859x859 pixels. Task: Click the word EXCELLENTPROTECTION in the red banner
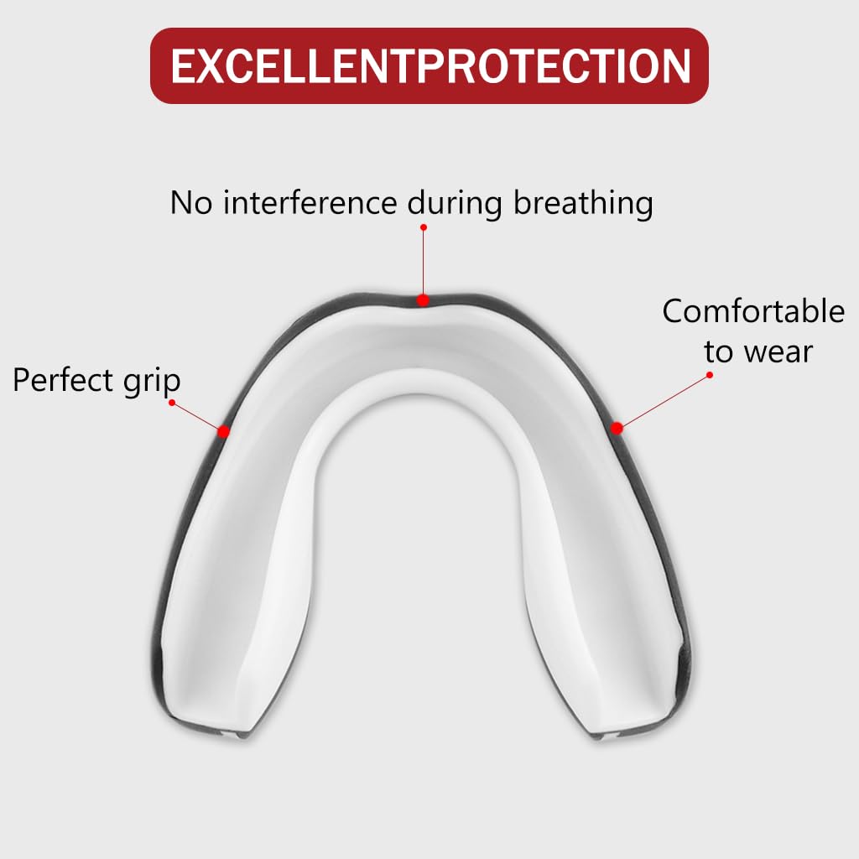click(429, 66)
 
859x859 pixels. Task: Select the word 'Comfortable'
click(753, 311)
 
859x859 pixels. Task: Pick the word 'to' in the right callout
click(717, 351)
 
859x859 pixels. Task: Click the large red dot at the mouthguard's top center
click(423, 299)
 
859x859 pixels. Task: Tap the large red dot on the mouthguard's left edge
click(224, 431)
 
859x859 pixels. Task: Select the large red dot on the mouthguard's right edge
click(617, 428)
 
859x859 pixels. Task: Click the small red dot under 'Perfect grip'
click(172, 403)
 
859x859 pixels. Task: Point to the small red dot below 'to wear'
click(710, 374)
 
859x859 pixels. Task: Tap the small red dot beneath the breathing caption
click(424, 227)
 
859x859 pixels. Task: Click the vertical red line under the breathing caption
click(424, 262)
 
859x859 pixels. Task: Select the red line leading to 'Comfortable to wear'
click(663, 401)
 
